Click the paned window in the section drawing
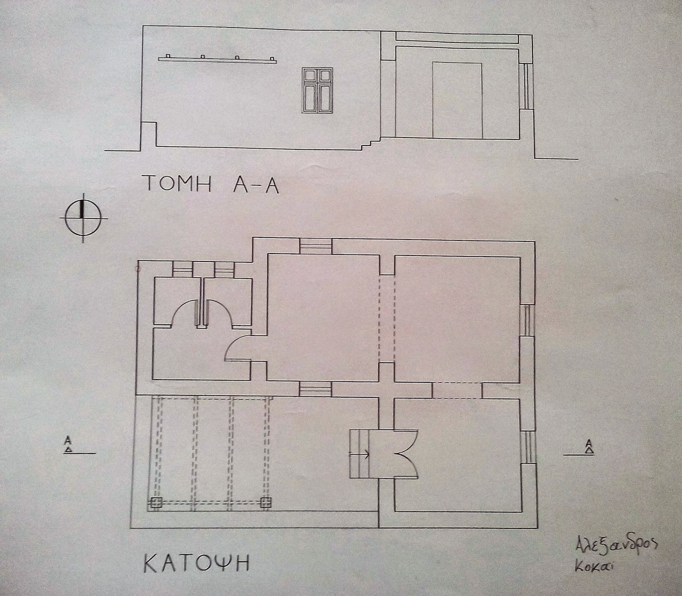point(317,90)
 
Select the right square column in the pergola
point(266,502)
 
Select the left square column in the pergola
point(155,503)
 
